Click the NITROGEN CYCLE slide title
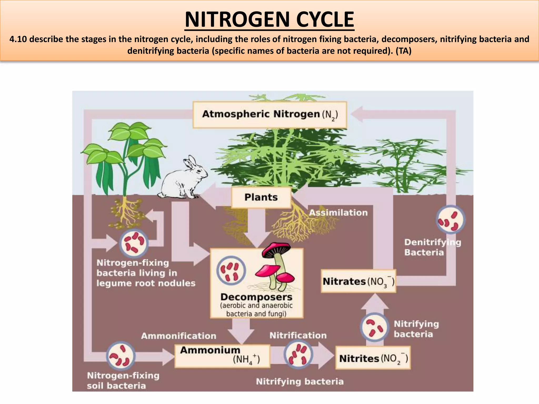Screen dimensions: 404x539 pyautogui.click(x=269, y=19)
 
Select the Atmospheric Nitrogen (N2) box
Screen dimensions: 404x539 pyautogui.click(x=269, y=115)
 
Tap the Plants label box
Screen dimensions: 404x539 pyautogui.click(x=261, y=197)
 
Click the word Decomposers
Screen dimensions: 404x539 pyautogui.click(x=256, y=297)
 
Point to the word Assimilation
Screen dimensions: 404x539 pyautogui.click(x=338, y=213)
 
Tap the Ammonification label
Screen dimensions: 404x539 pyautogui.click(x=178, y=336)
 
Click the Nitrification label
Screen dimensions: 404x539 pyautogui.click(x=298, y=335)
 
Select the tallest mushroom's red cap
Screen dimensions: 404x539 pyautogui.click(x=276, y=249)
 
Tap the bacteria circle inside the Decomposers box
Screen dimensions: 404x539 pyautogui.click(x=231, y=271)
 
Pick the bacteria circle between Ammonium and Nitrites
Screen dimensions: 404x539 pyautogui.click(x=298, y=354)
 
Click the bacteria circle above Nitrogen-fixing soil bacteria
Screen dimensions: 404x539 pyautogui.click(x=121, y=356)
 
